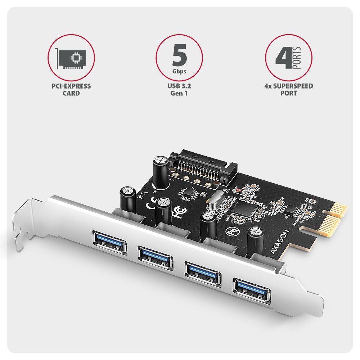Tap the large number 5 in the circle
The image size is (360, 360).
click(179, 54)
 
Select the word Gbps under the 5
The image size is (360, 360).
click(179, 71)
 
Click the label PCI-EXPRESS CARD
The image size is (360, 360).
click(71, 90)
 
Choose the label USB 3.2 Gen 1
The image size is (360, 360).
click(179, 90)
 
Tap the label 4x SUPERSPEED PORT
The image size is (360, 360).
click(288, 90)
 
